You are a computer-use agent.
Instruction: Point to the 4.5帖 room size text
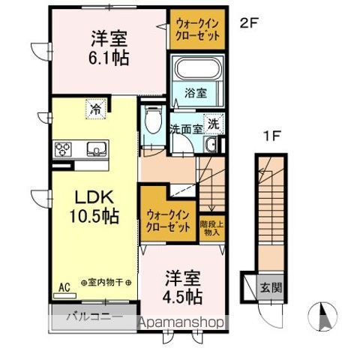(183, 296)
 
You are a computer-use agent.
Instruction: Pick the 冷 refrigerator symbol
(95, 108)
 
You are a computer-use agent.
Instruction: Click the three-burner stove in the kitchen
(61, 148)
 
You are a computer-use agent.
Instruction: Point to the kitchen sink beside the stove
(95, 148)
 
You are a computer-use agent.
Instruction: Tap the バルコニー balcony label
(91, 316)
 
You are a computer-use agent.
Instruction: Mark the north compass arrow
(323, 316)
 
